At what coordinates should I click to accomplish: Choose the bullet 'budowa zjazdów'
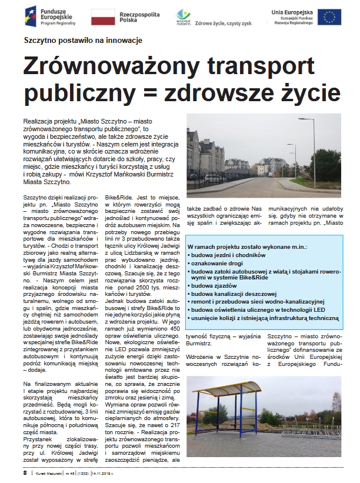tap(213, 285)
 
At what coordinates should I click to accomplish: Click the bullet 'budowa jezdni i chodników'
tap(226, 255)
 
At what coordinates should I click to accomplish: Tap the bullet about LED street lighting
tap(258, 309)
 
